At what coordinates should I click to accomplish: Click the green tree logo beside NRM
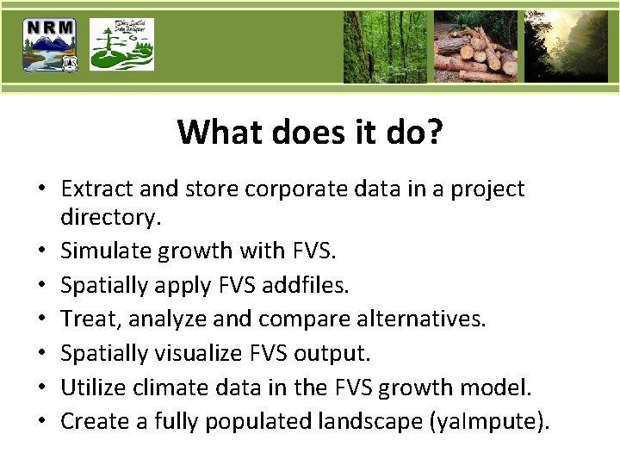(x=122, y=45)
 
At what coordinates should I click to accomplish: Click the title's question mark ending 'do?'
(x=435, y=133)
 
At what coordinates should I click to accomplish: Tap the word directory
(x=109, y=218)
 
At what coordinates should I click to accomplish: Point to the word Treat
(x=85, y=319)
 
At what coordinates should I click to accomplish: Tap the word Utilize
(x=92, y=387)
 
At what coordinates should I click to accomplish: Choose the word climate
(x=168, y=387)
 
